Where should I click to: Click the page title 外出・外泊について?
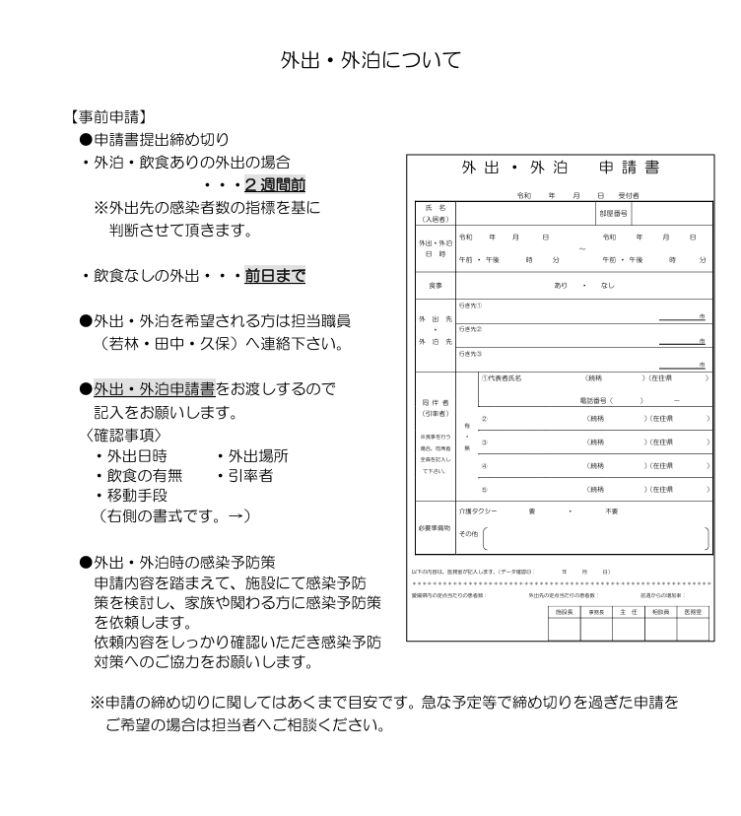[370, 61]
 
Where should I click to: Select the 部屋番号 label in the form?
[613, 212]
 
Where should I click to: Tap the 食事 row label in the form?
[436, 285]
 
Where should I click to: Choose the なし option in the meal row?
[607, 285]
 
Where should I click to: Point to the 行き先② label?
[470, 328]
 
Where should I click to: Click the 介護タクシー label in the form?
[479, 511]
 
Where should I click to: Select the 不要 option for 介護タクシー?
[612, 511]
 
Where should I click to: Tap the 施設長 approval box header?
[563, 612]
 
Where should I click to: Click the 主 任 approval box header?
[628, 612]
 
